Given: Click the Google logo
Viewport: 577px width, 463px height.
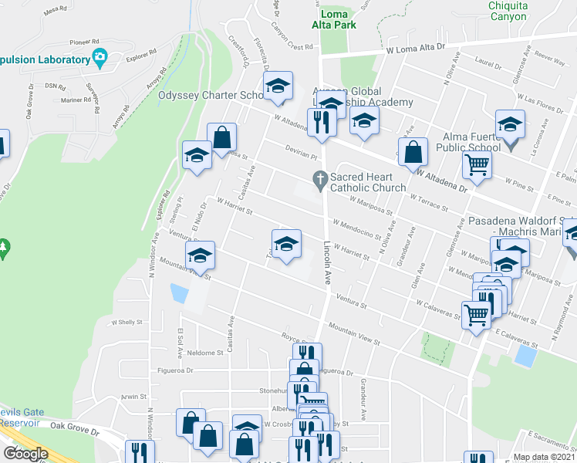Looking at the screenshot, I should click(x=25, y=454).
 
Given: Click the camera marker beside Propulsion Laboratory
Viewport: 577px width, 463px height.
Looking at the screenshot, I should click(x=99, y=57).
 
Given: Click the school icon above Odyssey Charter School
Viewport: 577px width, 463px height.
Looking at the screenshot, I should click(x=278, y=86).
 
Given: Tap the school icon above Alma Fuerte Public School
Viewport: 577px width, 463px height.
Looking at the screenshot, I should click(x=510, y=123).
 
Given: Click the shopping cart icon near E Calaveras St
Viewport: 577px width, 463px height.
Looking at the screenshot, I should click(x=476, y=313).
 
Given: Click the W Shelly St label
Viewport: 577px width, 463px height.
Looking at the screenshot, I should click(x=128, y=323).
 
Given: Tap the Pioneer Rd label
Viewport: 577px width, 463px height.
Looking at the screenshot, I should click(x=85, y=42).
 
